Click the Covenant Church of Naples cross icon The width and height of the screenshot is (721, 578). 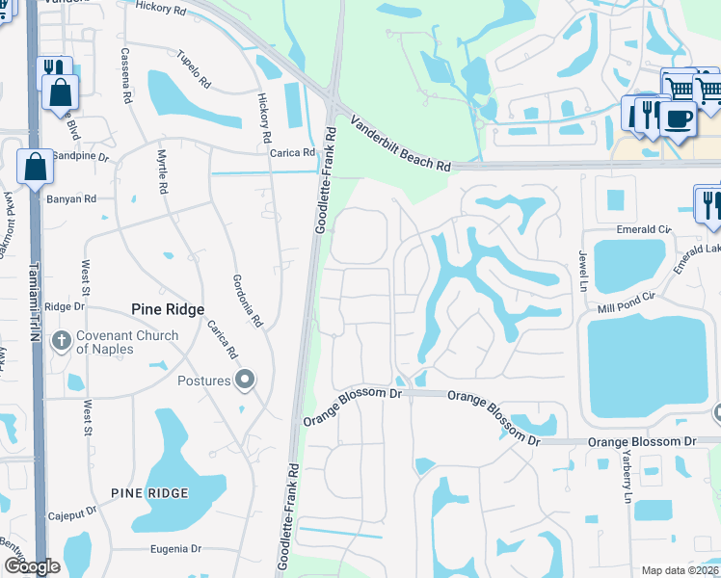click(x=61, y=340)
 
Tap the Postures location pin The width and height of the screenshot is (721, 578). click(x=245, y=381)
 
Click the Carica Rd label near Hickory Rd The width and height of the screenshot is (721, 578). click(x=293, y=153)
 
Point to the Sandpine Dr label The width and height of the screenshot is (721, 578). click(x=80, y=155)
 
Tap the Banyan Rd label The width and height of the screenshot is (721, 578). click(x=71, y=199)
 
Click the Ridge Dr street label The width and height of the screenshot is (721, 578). click(x=65, y=306)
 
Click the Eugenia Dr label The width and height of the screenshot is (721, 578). click(x=174, y=549)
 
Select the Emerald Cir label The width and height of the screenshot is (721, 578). click(x=643, y=230)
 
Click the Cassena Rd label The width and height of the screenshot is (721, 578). click(x=125, y=74)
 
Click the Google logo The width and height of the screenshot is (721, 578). click(x=32, y=566)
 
